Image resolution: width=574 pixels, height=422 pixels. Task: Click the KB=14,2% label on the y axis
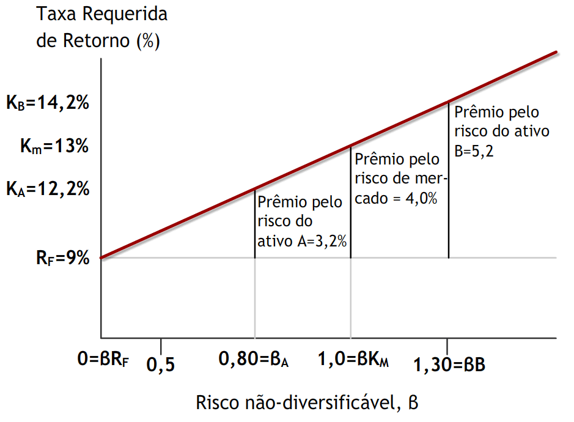[48, 103]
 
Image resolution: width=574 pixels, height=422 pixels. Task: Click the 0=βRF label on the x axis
[104, 360]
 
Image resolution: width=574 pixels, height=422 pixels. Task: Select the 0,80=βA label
[254, 360]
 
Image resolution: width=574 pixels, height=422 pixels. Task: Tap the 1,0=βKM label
[353, 360]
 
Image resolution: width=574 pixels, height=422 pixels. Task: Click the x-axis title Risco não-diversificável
[307, 403]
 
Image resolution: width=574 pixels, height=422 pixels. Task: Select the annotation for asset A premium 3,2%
[302, 221]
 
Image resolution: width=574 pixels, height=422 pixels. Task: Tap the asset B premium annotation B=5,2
[502, 131]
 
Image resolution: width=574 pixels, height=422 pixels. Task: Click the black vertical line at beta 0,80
[254, 223]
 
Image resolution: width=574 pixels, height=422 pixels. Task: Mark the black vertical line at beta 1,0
[351, 202]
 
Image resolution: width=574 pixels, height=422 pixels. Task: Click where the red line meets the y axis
[101, 257]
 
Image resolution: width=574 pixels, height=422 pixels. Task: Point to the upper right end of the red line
[555, 53]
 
